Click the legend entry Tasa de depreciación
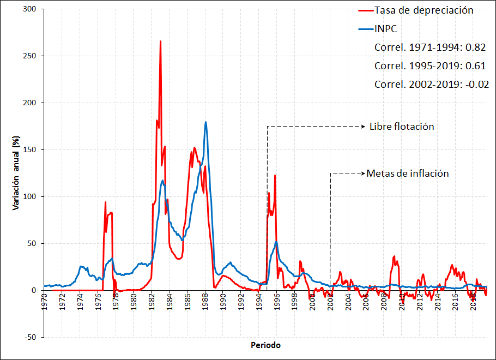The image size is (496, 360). click(424, 10)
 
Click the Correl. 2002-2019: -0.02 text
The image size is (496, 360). click(431, 84)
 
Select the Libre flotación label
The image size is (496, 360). click(402, 126)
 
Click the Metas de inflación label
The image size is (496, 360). click(408, 173)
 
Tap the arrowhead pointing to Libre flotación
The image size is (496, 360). click(363, 126)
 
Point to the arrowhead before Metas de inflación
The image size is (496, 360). click(363, 173)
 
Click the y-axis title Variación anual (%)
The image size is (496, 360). click(17, 174)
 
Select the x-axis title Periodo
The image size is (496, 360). click(266, 345)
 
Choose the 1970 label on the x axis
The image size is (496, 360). click(44, 302)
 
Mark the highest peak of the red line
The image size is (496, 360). click(160, 41)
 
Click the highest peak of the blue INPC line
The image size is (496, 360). click(205, 122)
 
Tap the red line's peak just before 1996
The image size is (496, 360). click(275, 176)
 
